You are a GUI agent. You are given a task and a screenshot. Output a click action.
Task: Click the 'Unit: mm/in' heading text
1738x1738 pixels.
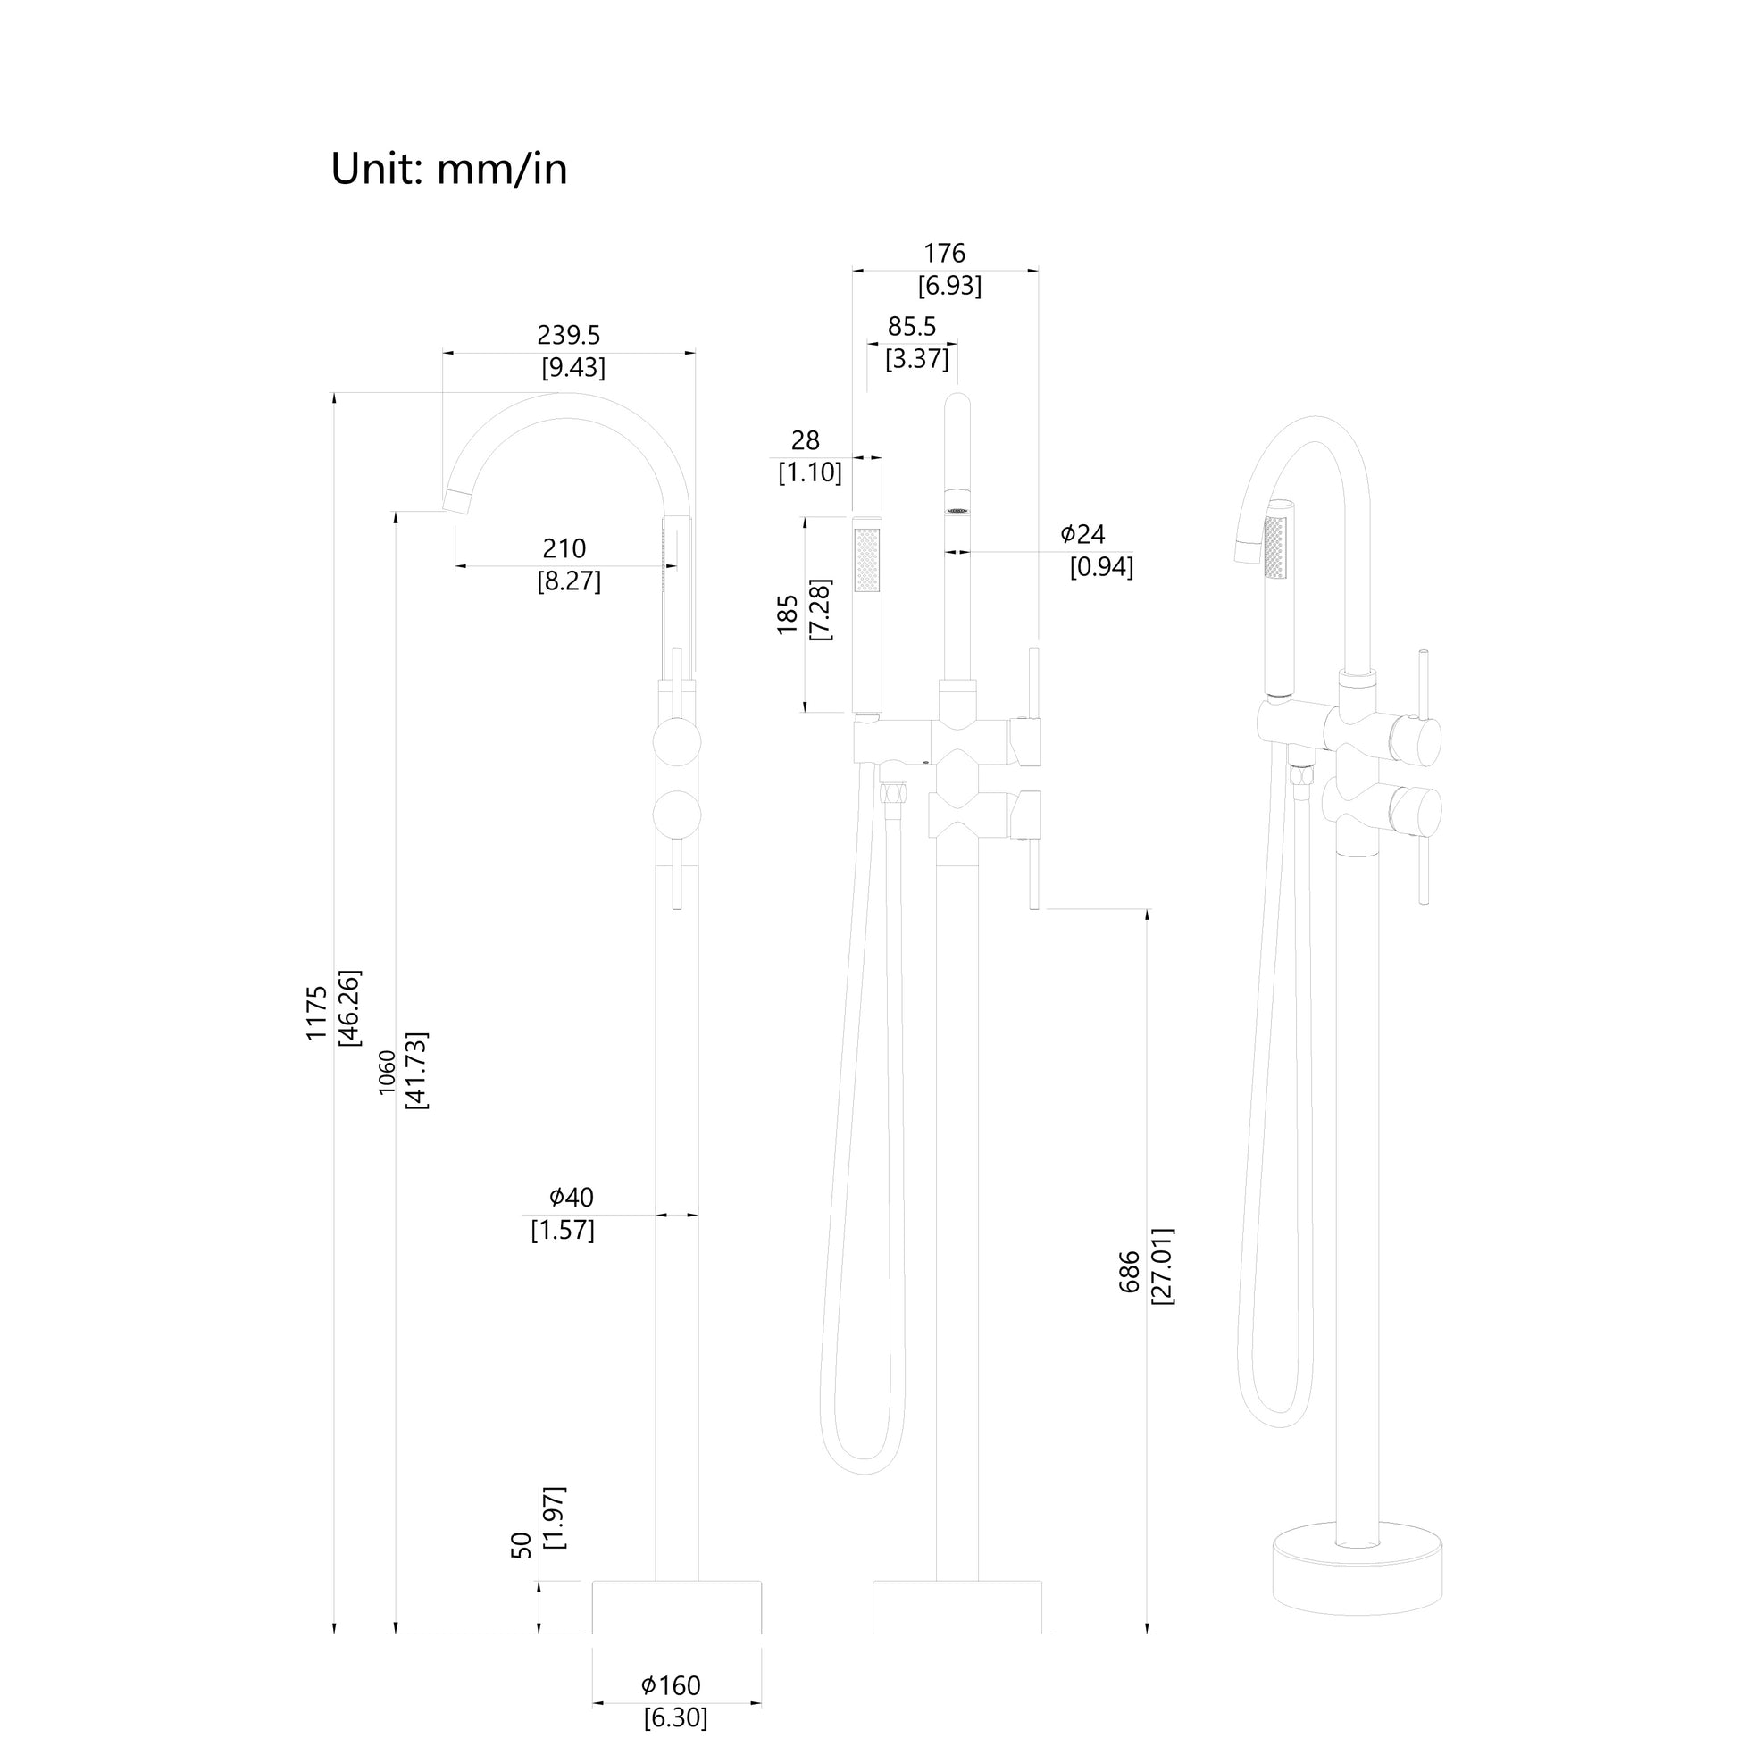tap(449, 168)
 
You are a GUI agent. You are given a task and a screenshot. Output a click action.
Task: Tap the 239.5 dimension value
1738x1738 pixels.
tap(569, 336)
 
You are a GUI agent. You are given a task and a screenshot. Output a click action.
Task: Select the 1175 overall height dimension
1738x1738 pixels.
tap(317, 1014)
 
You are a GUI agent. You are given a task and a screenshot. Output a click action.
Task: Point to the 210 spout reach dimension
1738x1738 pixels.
tap(564, 548)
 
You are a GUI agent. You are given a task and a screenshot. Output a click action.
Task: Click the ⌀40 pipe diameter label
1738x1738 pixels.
tap(572, 1198)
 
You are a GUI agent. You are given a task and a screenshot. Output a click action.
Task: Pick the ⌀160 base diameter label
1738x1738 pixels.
tap(670, 1685)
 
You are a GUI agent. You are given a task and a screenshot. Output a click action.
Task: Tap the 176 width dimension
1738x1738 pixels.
tap(945, 254)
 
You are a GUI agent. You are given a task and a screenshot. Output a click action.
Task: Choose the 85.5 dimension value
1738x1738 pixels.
tap(912, 327)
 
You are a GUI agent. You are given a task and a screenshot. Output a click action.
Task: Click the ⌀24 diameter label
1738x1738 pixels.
tap(1082, 534)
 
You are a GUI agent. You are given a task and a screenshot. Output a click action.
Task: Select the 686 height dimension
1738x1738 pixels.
tap(1130, 1272)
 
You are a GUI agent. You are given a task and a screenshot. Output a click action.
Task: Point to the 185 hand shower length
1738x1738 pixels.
tap(788, 614)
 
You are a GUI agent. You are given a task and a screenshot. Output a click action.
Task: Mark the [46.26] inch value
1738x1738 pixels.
tap(349, 1007)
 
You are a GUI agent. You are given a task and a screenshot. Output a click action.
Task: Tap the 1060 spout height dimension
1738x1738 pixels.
tap(387, 1073)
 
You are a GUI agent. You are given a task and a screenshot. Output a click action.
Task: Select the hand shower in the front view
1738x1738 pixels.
tap(866, 614)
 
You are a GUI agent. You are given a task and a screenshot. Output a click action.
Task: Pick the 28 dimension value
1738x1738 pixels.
tap(805, 441)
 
